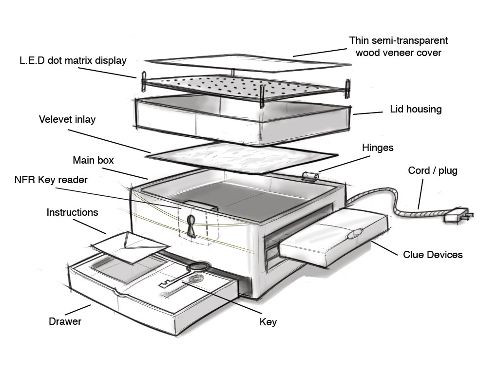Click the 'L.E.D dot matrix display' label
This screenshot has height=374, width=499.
pyautogui.click(x=73, y=61)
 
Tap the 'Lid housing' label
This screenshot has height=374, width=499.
pyautogui.click(x=416, y=109)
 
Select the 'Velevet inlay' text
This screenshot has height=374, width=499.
pyautogui.click(x=67, y=119)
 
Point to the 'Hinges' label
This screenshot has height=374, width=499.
pyautogui.click(x=378, y=148)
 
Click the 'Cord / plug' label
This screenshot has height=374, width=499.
pyautogui.click(x=433, y=170)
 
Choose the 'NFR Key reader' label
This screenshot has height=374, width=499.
pyautogui.click(x=51, y=180)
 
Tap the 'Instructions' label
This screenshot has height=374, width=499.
pyautogui.click(x=72, y=212)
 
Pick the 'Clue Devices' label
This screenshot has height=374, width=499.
pyautogui.click(x=433, y=254)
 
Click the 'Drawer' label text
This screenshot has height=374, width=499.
pyautogui.click(x=65, y=321)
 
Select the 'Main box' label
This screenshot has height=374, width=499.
pyautogui.click(x=93, y=160)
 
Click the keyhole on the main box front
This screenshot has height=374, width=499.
pyautogui.click(x=191, y=226)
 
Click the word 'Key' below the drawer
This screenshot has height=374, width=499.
pyautogui.click(x=268, y=322)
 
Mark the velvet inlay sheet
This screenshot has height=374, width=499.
pyautogui.click(x=242, y=156)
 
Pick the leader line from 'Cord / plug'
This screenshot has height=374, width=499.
pyautogui.click(x=421, y=193)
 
